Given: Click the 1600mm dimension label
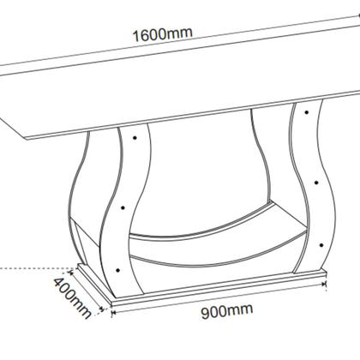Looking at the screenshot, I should tap(162, 34).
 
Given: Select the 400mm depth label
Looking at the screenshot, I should tap(71, 297).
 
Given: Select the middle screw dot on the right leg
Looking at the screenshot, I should tap(317, 183).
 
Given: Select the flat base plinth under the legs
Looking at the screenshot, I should tap(214, 292).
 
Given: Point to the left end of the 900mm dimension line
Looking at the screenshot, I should tap(112, 311).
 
